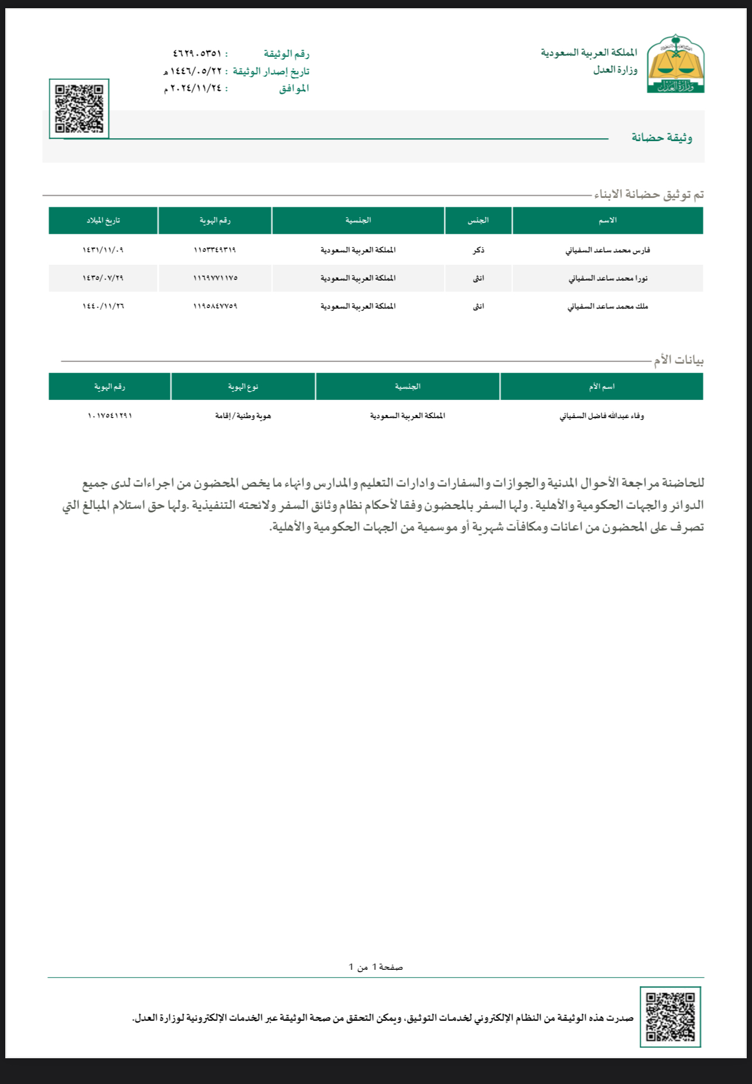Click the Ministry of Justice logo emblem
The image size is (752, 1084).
pyautogui.click(x=675, y=64)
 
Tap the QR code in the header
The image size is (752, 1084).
pyautogui.click(x=79, y=109)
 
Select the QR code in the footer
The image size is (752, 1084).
pyautogui.click(x=670, y=1017)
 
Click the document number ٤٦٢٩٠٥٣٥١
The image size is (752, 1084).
pyautogui.click(x=197, y=53)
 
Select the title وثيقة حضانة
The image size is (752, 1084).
pyautogui.click(x=662, y=138)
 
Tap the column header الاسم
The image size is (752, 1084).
pyautogui.click(x=607, y=220)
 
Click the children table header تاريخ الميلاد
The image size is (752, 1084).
pyautogui.click(x=103, y=220)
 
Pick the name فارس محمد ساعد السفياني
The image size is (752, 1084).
pyautogui.click(x=607, y=250)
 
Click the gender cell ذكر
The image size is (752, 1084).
pyautogui.click(x=478, y=250)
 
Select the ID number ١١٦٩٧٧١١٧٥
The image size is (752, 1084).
pyautogui.click(x=215, y=278)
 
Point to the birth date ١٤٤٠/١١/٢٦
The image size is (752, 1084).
pyautogui.click(x=103, y=306)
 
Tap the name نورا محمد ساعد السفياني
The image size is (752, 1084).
pyautogui.click(x=607, y=278)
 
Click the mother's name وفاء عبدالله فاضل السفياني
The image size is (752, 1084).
pyautogui.click(x=601, y=416)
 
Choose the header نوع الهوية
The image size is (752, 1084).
pyautogui.click(x=243, y=387)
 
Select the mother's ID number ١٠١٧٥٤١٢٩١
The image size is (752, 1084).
pyautogui.click(x=110, y=416)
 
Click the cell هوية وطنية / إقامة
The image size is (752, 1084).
pyautogui.click(x=243, y=416)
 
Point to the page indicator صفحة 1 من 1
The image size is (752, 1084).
pyautogui.click(x=375, y=967)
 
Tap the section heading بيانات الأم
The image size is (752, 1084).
pyautogui.click(x=679, y=360)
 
